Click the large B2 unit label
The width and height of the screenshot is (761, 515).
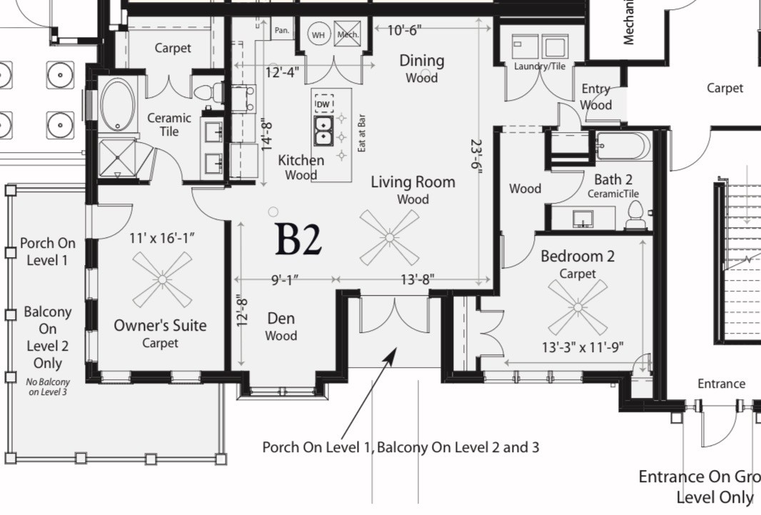pos(298,239)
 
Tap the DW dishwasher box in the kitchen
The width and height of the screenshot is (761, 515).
pos(323,104)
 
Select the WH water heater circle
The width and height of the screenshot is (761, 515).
pos(318,34)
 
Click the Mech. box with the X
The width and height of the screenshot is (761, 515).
pos(348,34)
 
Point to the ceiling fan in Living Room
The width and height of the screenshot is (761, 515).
pos(389,237)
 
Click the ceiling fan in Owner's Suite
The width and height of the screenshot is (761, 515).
pos(162,279)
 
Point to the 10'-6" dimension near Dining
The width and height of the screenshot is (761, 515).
pos(404,30)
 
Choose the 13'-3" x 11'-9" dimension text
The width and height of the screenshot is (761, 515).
pos(583,347)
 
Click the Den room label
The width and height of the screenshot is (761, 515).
pos(281,319)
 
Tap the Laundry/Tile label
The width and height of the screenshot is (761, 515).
pos(539,66)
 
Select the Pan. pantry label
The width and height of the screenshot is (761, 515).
pos(282,31)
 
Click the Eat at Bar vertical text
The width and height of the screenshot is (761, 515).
pos(362,132)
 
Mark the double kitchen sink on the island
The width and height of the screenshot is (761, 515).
pos(323,130)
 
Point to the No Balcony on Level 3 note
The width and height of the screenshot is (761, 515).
pos(47,386)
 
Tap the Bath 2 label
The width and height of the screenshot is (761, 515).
pos(613,180)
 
